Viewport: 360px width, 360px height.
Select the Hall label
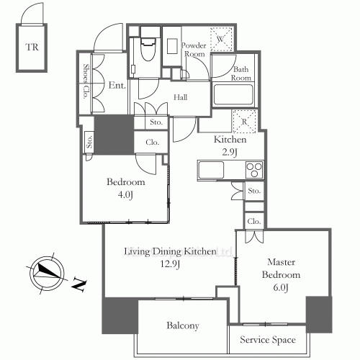(181, 97)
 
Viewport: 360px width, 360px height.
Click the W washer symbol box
(220, 37)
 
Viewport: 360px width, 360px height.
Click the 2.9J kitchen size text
(230, 153)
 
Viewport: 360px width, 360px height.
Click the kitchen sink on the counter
(212, 171)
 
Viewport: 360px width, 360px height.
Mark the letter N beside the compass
(79, 286)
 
